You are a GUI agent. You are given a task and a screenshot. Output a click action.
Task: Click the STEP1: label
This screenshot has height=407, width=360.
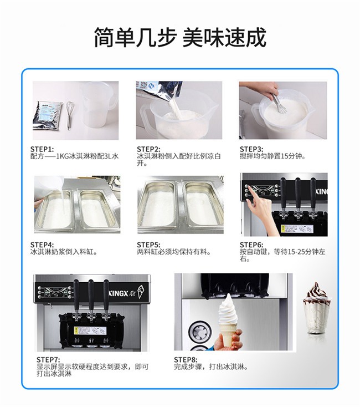coord(42,149)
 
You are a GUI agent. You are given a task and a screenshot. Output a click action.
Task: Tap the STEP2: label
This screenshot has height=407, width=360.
coord(148,149)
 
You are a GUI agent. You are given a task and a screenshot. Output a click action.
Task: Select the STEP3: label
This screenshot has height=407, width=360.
coord(251,149)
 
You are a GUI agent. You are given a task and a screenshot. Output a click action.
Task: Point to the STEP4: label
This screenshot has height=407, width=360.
coord(42,245)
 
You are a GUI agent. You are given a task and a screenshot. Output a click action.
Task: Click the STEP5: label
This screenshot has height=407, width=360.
coord(148,245)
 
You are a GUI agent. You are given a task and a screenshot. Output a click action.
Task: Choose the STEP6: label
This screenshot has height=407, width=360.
coord(251,245)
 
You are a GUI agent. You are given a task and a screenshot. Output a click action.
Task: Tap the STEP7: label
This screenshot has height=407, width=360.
coord(48,360)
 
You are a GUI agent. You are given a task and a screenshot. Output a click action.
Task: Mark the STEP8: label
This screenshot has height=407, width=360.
coord(186,360)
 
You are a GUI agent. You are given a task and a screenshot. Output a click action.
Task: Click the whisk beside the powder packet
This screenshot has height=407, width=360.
coord(70,115)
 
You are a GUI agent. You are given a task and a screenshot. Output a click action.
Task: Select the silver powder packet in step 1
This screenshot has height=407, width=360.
coord(48,115)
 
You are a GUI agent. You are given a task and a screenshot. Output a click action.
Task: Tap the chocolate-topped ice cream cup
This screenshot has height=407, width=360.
coord(317,308)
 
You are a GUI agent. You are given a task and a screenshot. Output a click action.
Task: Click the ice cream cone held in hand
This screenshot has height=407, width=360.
coord(228,320)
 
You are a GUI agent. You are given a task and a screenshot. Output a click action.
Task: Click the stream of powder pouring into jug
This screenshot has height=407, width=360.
coord(175,108)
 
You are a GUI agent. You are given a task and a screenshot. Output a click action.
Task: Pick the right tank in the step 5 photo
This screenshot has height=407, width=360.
coord(203,203)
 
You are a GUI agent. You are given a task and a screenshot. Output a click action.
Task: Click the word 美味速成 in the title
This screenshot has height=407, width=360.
coord(224,37)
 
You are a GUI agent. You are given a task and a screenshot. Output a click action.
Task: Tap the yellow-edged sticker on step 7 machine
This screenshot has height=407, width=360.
coord(90,330)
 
